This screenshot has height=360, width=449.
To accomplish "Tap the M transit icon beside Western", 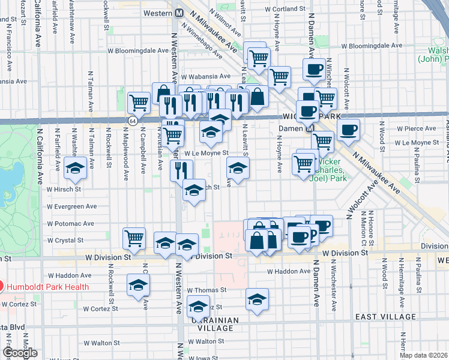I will [179, 13].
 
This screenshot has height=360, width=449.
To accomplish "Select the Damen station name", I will [292, 128].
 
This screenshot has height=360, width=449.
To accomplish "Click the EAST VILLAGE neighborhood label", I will [382, 316].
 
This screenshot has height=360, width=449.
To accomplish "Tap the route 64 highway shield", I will [131, 121].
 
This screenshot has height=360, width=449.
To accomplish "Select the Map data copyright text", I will [423, 355].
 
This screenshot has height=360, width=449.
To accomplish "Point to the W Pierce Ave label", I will [415, 128].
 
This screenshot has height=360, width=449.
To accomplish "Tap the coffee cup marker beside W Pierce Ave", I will [348, 130].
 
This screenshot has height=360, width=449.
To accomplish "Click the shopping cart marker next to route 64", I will [139, 102].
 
